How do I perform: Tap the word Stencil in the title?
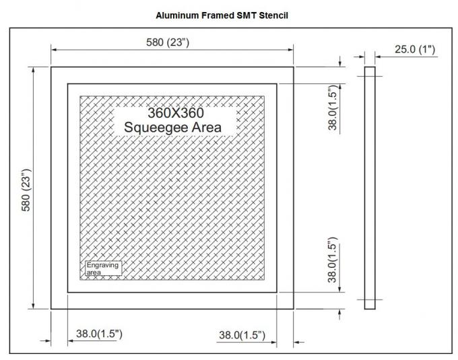[x=273, y=14]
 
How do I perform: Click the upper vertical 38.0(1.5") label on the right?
[x=332, y=108]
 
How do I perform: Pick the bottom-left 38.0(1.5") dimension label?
[x=98, y=334]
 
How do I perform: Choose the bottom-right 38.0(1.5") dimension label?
[x=242, y=334]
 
